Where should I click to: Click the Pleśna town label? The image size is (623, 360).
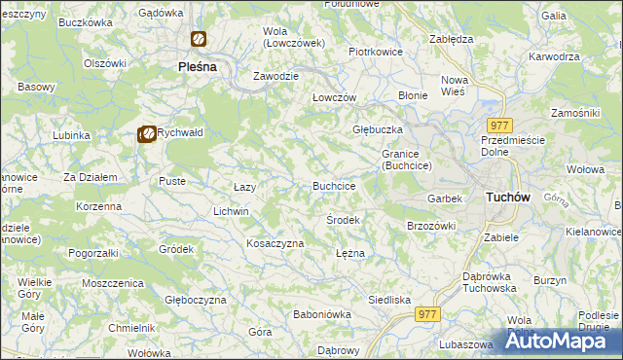click(196, 67)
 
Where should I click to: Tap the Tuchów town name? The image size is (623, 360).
click(506, 197)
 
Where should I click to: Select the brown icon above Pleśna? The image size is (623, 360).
click(198, 40)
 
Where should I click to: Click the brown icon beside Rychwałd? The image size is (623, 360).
click(146, 134)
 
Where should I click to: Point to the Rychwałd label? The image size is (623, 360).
click(180, 134)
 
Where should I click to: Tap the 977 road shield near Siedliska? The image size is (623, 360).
click(427, 313)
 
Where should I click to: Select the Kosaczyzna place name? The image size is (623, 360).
click(275, 243)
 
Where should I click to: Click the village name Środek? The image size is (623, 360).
click(343, 220)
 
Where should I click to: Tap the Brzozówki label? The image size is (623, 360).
click(431, 226)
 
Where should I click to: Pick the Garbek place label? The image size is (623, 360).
click(444, 198)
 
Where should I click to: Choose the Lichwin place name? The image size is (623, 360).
click(232, 211)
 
